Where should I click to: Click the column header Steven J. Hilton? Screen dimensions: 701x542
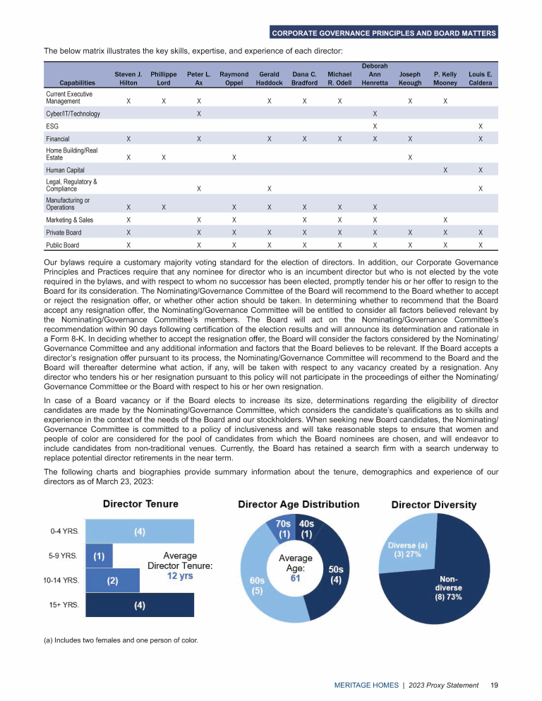[128, 78]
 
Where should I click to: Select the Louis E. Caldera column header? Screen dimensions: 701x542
[481, 78]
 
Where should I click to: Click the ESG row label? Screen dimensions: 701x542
[52, 126]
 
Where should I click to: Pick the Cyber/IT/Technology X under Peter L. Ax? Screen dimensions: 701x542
[199, 114]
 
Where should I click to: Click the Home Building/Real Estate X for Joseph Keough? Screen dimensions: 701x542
[410, 157]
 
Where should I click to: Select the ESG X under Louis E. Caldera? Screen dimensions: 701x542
[481, 126]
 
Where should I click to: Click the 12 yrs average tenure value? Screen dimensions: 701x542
[181, 575]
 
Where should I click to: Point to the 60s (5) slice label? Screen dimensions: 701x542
[257, 585]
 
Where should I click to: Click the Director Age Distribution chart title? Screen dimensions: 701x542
[299, 505]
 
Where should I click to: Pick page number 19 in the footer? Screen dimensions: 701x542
[495, 685]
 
